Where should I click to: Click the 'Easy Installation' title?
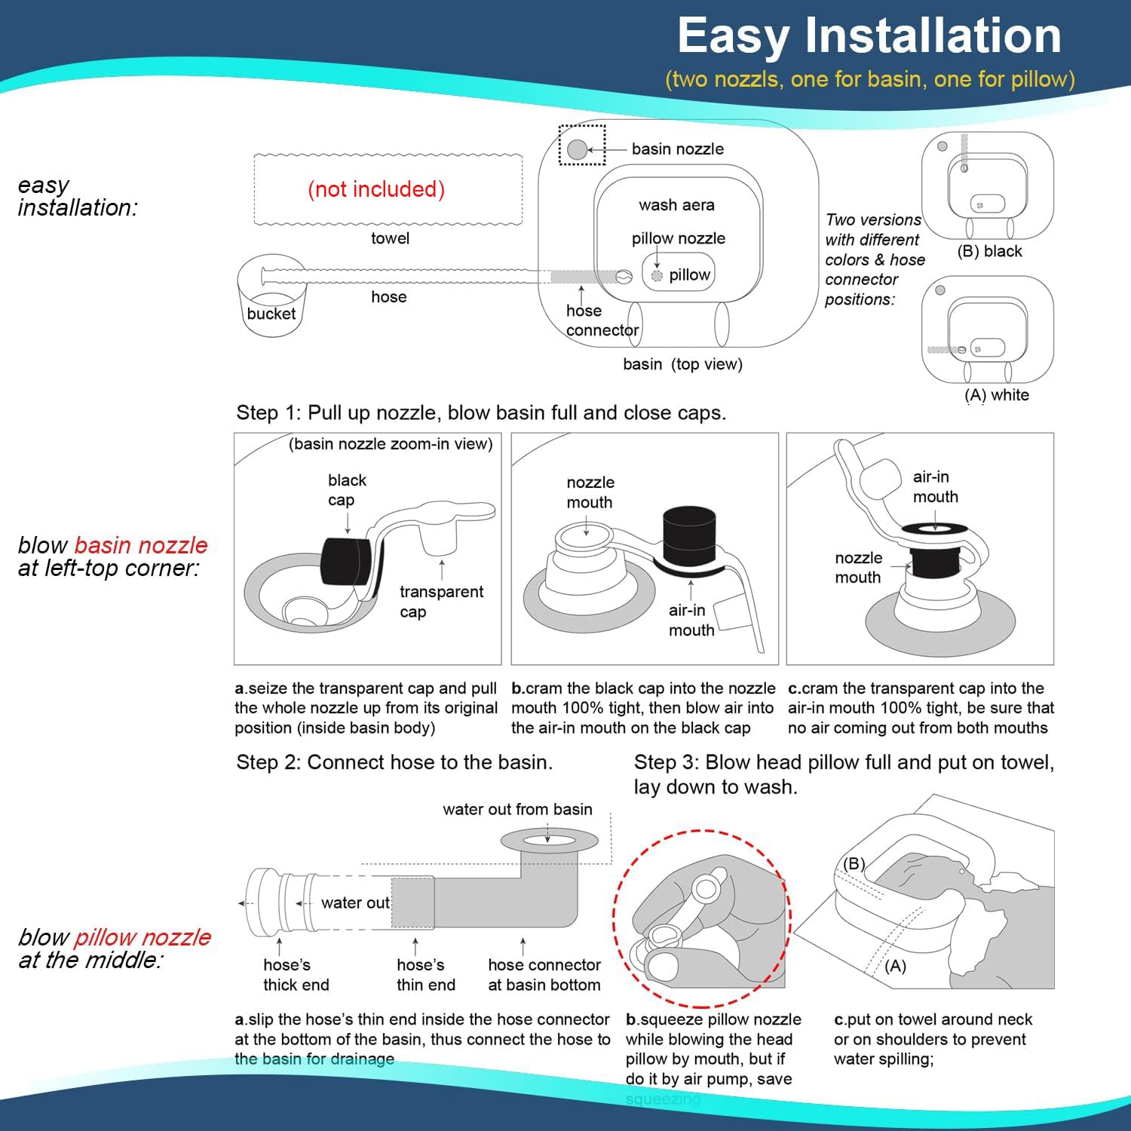tap(869, 35)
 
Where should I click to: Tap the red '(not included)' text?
tap(376, 189)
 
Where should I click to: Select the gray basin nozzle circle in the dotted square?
tap(577, 149)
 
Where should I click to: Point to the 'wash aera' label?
tap(676, 205)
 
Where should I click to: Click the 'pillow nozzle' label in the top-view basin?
tap(678, 238)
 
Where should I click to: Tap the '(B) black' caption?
tap(989, 251)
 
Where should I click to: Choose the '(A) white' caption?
tap(996, 395)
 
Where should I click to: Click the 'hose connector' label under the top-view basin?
tap(602, 320)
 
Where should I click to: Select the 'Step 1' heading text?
tap(481, 412)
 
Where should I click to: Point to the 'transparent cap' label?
tap(441, 601)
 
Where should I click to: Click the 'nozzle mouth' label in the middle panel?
tap(590, 492)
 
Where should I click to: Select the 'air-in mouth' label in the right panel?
tap(935, 486)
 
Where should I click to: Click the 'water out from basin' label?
tap(517, 809)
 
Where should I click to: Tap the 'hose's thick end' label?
tap(296, 974)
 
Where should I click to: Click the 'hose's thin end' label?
tap(425, 974)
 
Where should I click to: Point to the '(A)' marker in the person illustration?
tap(895, 966)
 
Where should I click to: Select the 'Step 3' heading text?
tap(843, 774)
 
